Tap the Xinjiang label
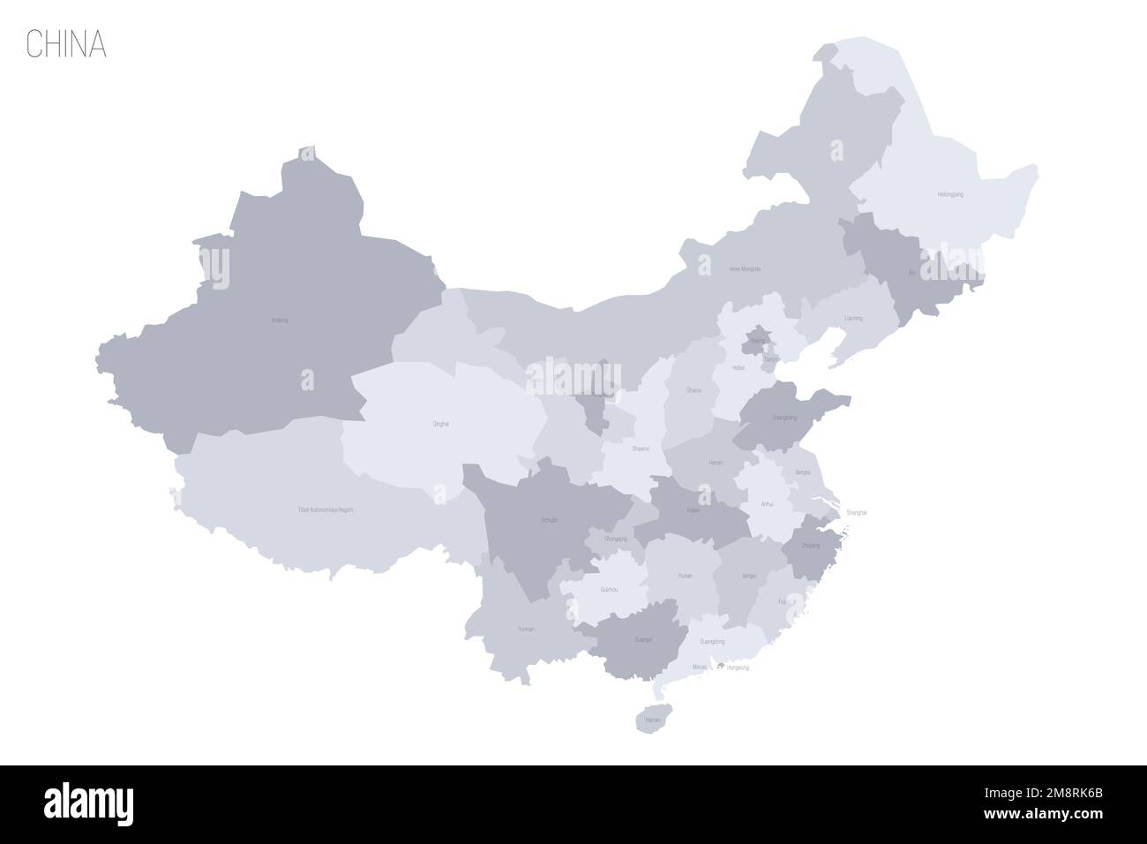(280, 320)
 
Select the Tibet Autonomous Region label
(326, 510)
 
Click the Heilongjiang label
(950, 194)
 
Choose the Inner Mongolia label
(745, 268)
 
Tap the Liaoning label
(853, 318)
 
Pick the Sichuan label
(549, 521)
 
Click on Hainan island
(652, 720)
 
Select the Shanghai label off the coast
(857, 513)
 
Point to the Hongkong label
(737, 668)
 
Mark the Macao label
(700, 668)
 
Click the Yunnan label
(527, 629)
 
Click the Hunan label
(686, 576)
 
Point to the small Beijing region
(757, 339)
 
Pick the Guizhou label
(609, 589)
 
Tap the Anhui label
(767, 504)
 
